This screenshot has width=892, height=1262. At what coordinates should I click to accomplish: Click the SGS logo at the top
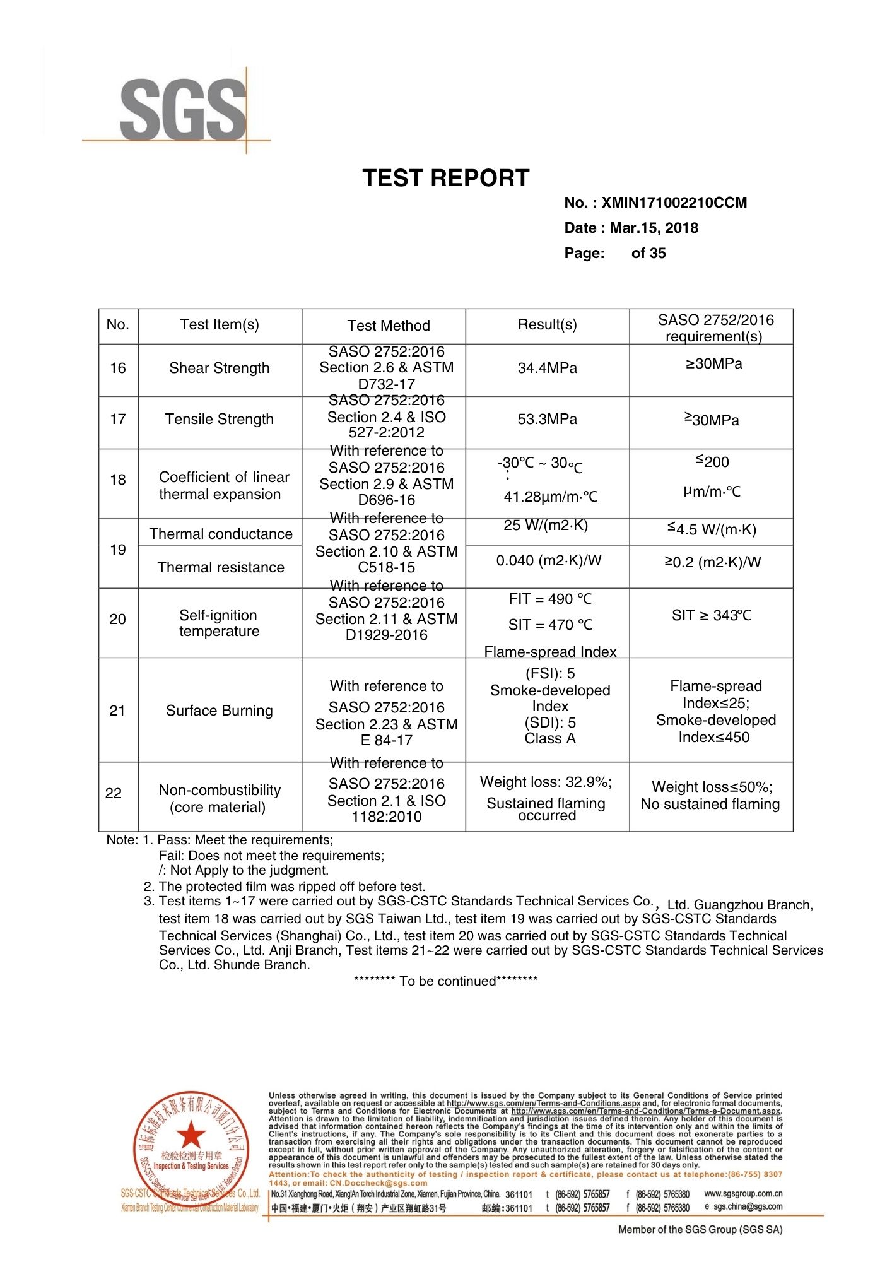pos(183,109)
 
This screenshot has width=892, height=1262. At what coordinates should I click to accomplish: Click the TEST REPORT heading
pos(445,178)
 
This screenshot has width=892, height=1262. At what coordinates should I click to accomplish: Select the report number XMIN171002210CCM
pos(674,203)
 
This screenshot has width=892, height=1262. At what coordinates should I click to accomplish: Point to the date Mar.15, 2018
pos(654,228)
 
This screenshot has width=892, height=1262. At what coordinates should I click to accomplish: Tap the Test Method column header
pos(388,326)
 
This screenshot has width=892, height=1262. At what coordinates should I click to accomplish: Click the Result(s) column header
pos(547,324)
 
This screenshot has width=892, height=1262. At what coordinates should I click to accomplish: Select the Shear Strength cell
pos(219,368)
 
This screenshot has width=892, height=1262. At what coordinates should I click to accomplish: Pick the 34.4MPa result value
pos(547,368)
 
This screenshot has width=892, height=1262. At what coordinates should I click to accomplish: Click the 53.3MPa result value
pos(547,419)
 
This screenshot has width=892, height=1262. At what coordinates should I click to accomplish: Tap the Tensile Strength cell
pos(219,419)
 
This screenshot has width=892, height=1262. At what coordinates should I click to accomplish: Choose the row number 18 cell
pos(118,480)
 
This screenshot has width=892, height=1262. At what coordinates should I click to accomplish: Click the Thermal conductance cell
pos(221,534)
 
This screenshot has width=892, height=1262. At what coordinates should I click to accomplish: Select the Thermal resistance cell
pos(221,567)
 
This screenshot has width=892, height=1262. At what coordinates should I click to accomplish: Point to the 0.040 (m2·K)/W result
pos(548,560)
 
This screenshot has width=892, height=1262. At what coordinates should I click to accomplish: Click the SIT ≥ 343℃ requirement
pos(711,615)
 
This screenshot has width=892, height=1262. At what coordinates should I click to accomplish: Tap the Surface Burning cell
pos(219,711)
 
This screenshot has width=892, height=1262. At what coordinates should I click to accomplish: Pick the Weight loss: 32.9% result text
pos(546,782)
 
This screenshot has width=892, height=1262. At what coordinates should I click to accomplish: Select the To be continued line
pos(445,981)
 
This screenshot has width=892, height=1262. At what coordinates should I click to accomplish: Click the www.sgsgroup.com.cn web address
pos(743,1193)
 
